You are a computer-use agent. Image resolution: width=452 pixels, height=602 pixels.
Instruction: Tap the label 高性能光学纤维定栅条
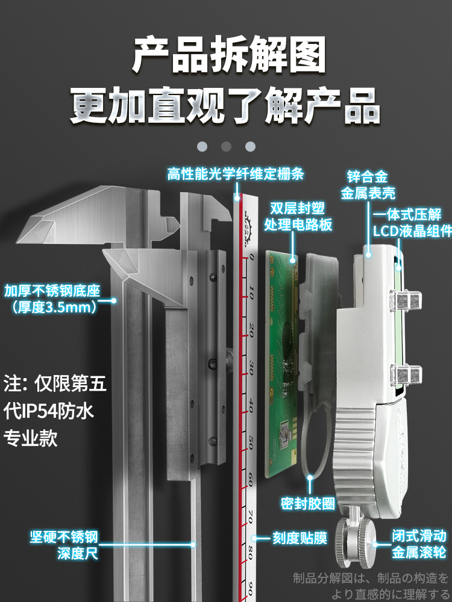(x=236, y=175)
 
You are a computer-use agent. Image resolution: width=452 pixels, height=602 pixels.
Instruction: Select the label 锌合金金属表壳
(x=368, y=185)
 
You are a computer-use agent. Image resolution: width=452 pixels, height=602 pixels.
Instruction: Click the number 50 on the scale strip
(x=250, y=445)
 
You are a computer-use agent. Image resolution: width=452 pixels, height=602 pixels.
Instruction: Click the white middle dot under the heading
(x=226, y=146)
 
